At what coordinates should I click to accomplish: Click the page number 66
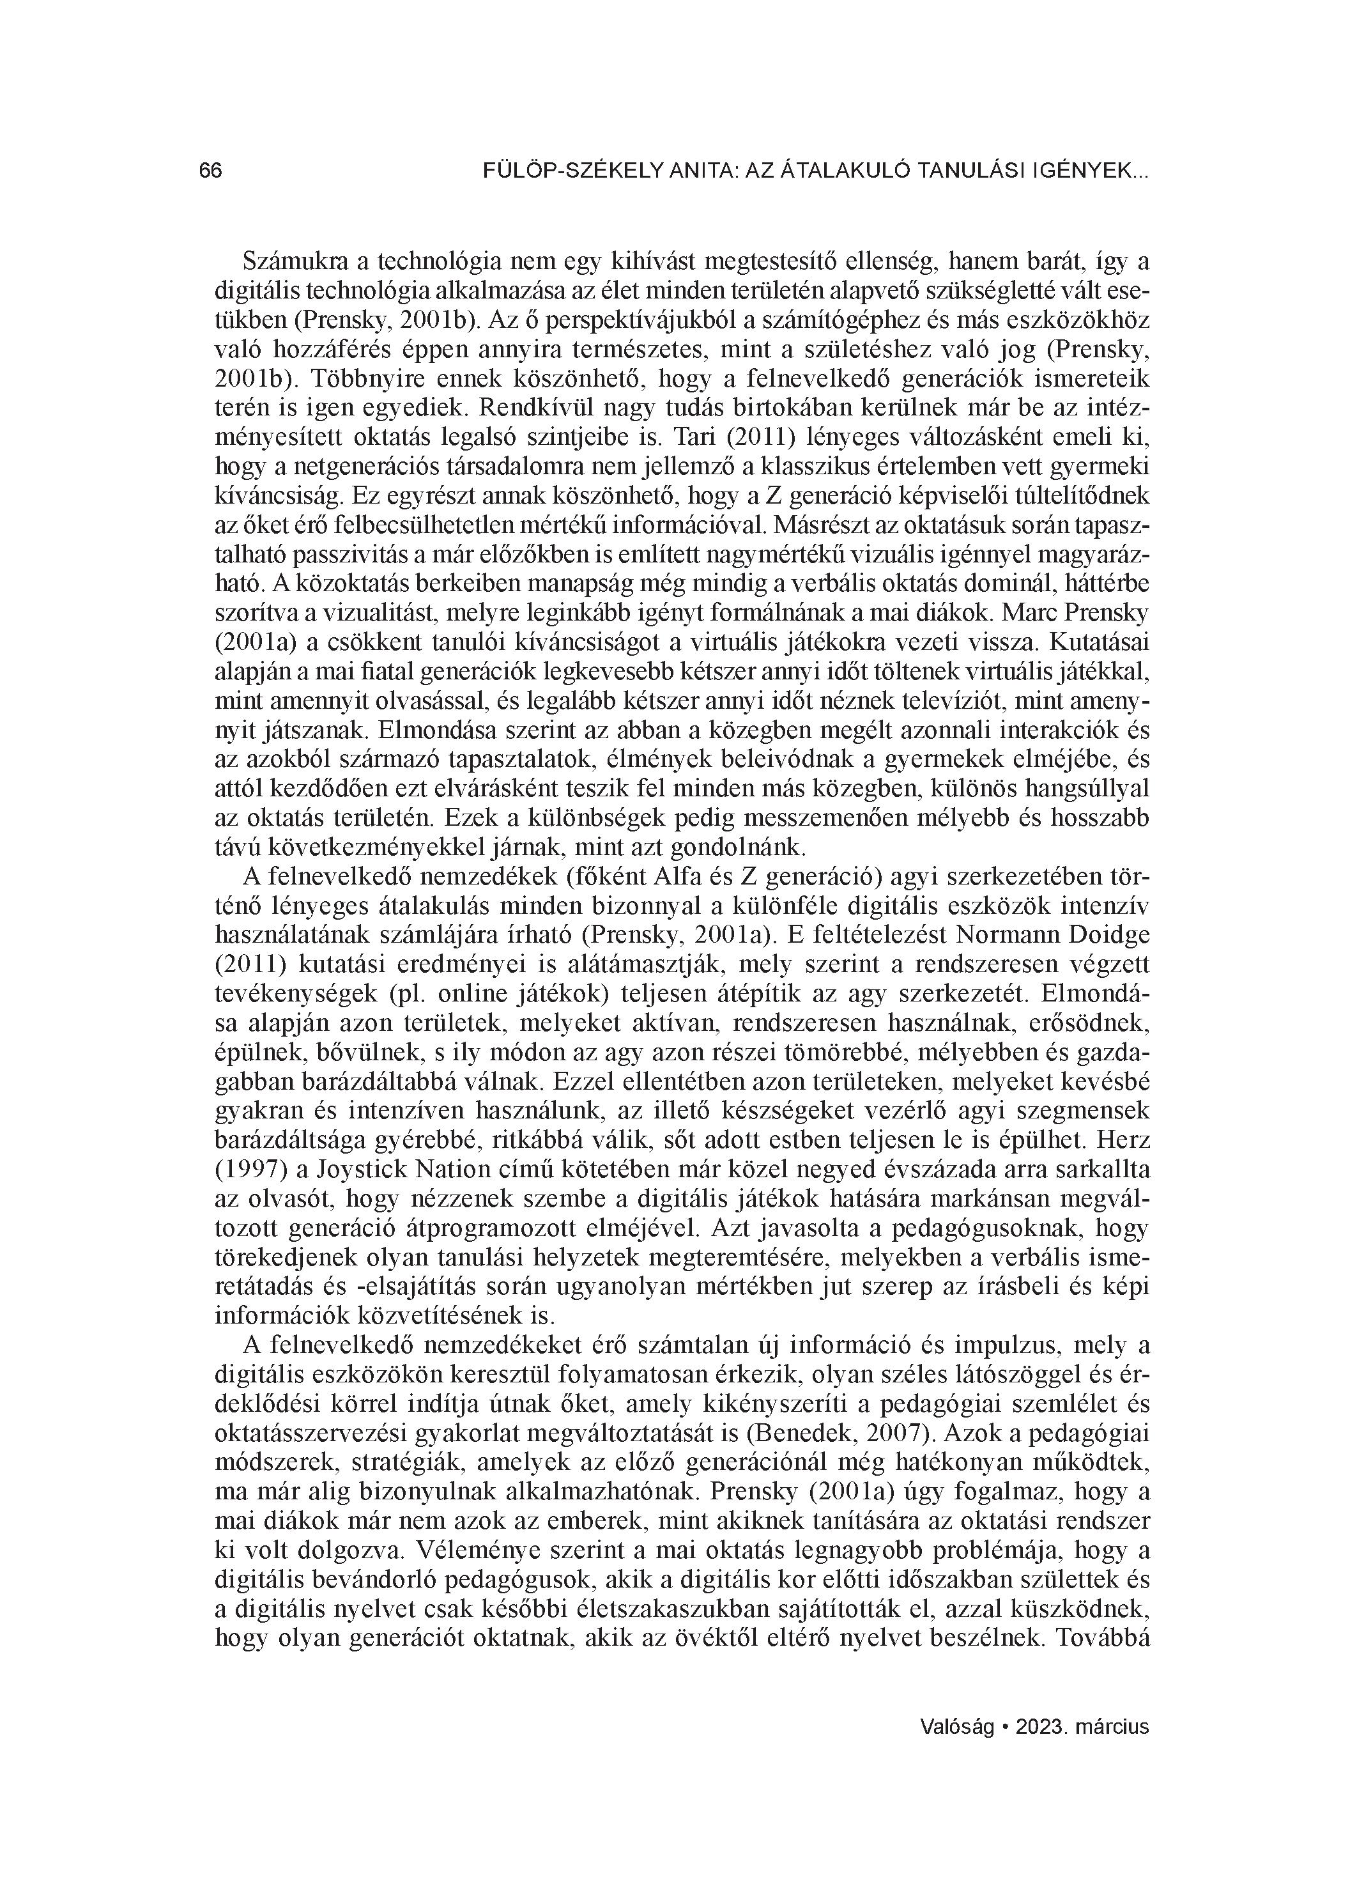coord(210,171)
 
